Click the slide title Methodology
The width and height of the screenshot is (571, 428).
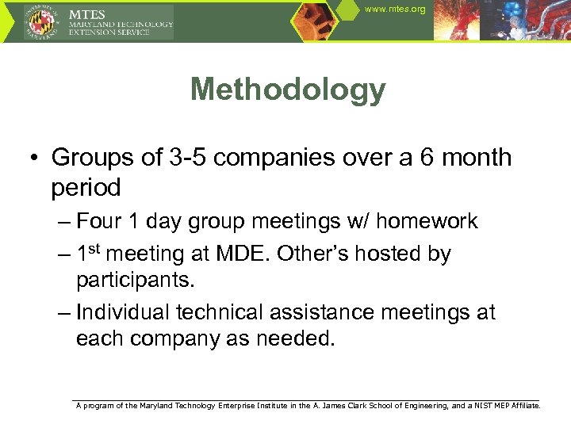(x=288, y=90)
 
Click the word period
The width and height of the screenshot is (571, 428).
(x=86, y=189)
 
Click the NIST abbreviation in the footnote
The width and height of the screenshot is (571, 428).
(x=485, y=405)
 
